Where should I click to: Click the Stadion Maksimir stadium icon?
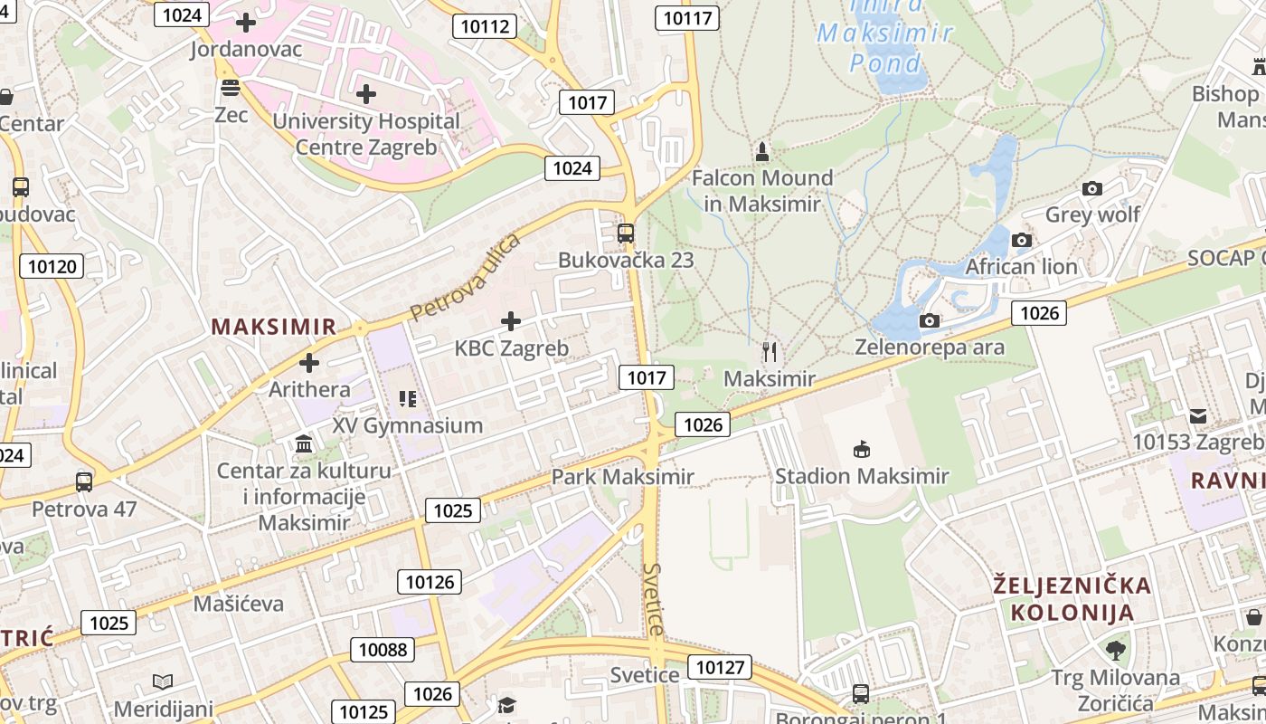pyautogui.click(x=862, y=449)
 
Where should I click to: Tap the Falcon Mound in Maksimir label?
pyautogui.click(x=762, y=191)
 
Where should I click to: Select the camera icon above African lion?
pyautogui.click(x=1022, y=240)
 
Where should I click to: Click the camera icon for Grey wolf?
pyautogui.click(x=1092, y=188)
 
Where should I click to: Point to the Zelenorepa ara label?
pyautogui.click(x=930, y=347)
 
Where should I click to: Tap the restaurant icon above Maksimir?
pyautogui.click(x=770, y=351)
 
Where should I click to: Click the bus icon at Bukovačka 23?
pyautogui.click(x=625, y=233)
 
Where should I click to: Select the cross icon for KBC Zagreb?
pyautogui.click(x=511, y=320)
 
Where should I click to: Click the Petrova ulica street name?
pyautogui.click(x=465, y=277)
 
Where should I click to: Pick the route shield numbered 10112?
pyautogui.click(x=485, y=26)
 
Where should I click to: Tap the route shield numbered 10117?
pyautogui.click(x=688, y=17)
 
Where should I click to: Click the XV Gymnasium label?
pyautogui.click(x=408, y=424)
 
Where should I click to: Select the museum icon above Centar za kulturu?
pyautogui.click(x=304, y=444)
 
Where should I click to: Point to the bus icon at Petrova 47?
pyautogui.click(x=84, y=481)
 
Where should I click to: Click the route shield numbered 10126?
pyautogui.click(x=430, y=581)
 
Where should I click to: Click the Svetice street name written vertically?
pyautogui.click(x=654, y=599)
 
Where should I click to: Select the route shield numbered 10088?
pyautogui.click(x=383, y=649)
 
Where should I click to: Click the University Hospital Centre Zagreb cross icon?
pyautogui.click(x=366, y=93)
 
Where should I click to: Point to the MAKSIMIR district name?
pyautogui.click(x=274, y=327)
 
